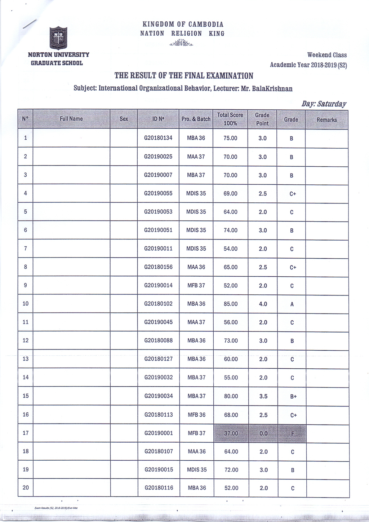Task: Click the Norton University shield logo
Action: (58, 38)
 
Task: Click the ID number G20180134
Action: (158, 138)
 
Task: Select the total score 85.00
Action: (231, 304)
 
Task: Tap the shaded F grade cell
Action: (292, 433)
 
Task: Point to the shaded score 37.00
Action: (231, 433)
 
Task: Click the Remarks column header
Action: (326, 119)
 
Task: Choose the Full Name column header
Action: (71, 119)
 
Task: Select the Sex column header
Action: (124, 119)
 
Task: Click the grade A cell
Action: (292, 304)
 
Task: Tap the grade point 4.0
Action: (263, 304)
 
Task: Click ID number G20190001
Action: (159, 433)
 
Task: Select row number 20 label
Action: (26, 487)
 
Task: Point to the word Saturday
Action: (332, 104)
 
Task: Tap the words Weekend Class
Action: (327, 55)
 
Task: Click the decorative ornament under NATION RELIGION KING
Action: (181, 44)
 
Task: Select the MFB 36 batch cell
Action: (196, 415)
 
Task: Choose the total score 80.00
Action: (231, 396)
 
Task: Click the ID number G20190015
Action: (159, 469)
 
